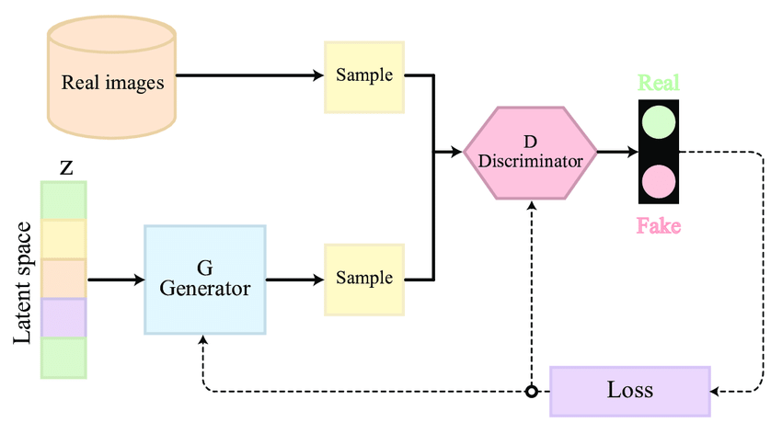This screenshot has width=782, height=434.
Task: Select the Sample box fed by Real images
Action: (364, 77)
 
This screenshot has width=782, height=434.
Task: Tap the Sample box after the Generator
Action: (364, 280)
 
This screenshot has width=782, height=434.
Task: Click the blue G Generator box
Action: (205, 280)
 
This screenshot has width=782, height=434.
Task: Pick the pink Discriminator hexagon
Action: (530, 153)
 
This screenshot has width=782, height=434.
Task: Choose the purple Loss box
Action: (630, 391)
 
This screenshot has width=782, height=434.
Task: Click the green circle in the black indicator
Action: (659, 122)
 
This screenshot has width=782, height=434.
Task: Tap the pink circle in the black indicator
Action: (659, 182)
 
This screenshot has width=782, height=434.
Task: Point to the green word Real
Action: (659, 83)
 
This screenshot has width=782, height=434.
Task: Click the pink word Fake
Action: (659, 225)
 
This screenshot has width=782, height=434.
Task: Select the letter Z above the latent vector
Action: (66, 168)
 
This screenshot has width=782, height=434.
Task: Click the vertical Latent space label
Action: (22, 282)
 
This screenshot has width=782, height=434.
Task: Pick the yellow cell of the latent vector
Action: (63, 239)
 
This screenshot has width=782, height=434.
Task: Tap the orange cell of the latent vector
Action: (63, 279)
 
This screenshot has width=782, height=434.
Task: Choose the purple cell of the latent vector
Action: (63, 318)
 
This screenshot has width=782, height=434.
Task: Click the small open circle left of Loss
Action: (532, 392)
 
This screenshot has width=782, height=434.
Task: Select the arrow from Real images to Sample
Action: (250, 75)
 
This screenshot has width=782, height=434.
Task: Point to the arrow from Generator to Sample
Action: (295, 280)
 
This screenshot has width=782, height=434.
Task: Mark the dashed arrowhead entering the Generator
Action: (203, 339)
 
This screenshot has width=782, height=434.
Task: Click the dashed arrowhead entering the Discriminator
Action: (532, 205)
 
